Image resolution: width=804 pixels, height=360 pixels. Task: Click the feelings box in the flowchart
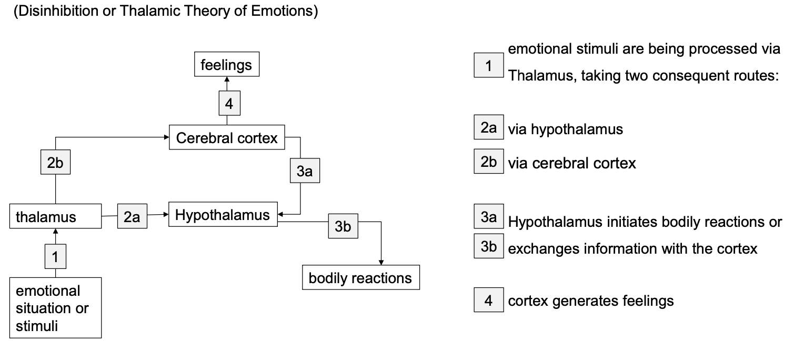point(226,64)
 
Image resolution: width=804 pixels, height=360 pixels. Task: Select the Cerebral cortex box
point(227,137)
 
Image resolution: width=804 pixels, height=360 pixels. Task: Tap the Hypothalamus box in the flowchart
point(223,214)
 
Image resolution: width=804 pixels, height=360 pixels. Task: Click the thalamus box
point(55,216)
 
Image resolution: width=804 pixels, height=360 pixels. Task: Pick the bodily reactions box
point(361,277)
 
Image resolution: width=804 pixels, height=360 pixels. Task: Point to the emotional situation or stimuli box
point(55,307)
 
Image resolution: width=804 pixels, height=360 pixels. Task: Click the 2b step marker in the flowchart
point(55,162)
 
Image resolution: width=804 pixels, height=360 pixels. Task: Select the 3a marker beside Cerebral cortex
point(305,171)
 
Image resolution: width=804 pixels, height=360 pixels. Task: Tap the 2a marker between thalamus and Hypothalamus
point(132,216)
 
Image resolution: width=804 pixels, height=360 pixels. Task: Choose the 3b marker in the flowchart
point(343,226)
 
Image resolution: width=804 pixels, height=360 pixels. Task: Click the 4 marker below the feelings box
point(229,103)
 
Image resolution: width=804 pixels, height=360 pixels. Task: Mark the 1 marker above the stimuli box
point(55,256)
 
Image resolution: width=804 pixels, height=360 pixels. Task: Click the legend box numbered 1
point(488,65)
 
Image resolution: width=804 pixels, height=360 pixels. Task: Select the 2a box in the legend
point(488,127)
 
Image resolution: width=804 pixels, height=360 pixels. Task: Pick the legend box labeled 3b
point(488,246)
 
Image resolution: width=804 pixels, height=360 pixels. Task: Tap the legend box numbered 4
point(488,299)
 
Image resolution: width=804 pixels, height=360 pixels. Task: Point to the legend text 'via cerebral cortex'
point(572,163)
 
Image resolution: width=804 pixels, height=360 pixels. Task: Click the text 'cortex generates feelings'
point(591,301)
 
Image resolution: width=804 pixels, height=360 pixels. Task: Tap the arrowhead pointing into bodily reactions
point(381,263)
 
